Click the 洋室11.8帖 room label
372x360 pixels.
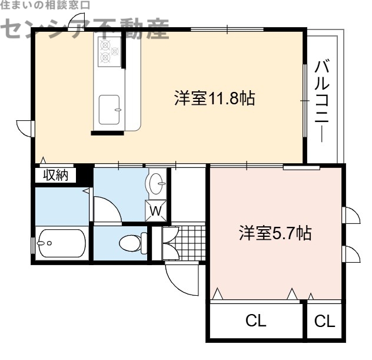tap(214, 98)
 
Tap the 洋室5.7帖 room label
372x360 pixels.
tap(275, 233)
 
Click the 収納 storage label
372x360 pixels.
tap(55, 175)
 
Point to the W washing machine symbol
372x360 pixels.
tap(156, 210)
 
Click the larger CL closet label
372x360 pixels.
tap(256, 321)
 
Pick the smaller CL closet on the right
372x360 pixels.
tap(324, 321)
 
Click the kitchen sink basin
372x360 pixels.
tap(110, 108)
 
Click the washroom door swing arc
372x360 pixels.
tap(106, 210)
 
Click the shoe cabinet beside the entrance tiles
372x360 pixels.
tap(158, 242)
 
